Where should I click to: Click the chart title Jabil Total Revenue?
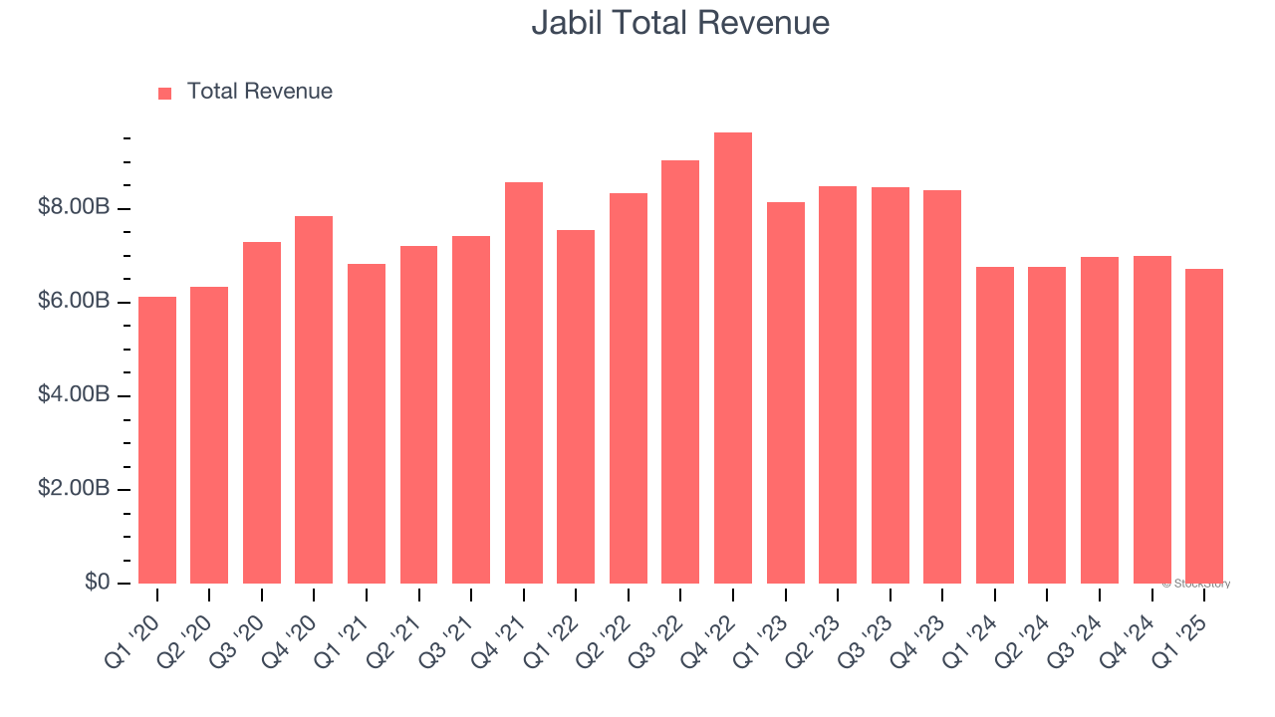point(680,22)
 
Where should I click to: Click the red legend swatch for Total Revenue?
point(165,93)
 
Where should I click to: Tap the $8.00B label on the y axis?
point(73,207)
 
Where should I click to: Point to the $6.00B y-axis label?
point(73,301)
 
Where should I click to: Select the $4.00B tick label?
point(73,394)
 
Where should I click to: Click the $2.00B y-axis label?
point(73,488)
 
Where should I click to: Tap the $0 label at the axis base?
point(97,582)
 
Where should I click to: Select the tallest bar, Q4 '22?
point(733,358)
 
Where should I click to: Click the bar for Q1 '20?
point(157,440)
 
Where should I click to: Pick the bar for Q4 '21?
point(524,383)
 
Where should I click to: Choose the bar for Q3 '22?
point(680,372)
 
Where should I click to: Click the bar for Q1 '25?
point(1204,426)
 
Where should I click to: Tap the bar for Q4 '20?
point(314,400)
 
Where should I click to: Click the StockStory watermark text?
point(1196,584)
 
